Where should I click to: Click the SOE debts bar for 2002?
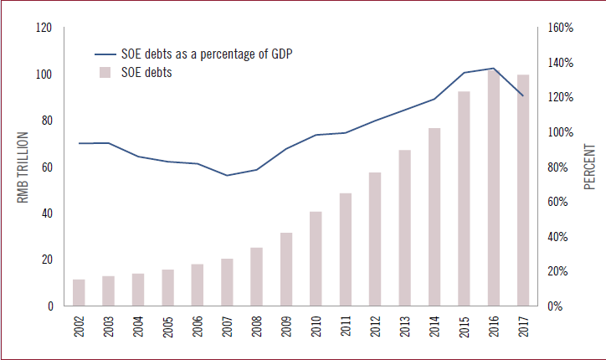(x=79, y=293)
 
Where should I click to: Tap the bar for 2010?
(x=316, y=259)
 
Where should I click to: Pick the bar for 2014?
(x=434, y=217)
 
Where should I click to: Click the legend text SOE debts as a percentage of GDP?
(x=217, y=54)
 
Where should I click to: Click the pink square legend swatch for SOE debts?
(x=105, y=73)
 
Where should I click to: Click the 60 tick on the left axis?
(x=46, y=167)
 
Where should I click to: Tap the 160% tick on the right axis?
(x=560, y=28)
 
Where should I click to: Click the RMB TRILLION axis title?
(x=23, y=167)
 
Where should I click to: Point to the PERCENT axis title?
(x=589, y=167)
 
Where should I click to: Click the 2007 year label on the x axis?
(x=228, y=327)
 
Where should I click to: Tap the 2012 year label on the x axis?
(x=376, y=327)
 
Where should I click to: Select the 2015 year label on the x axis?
(x=465, y=327)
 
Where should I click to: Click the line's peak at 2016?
(x=494, y=69)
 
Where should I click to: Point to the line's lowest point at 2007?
(x=227, y=175)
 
